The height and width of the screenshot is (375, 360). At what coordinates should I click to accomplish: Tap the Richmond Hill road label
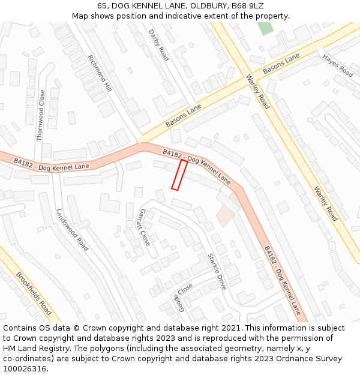100,73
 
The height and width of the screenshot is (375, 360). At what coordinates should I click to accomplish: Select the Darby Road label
159,46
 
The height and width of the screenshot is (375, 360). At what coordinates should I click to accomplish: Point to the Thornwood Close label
40,115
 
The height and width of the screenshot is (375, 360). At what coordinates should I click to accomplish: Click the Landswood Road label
72,230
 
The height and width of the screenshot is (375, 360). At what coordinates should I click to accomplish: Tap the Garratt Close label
145,227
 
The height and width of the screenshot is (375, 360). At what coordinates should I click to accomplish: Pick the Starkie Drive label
217,271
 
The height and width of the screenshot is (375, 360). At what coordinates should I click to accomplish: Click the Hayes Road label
338,65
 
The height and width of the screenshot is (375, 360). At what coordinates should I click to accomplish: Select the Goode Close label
181,298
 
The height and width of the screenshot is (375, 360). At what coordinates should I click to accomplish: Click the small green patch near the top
265,28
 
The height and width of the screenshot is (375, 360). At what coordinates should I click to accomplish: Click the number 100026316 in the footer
25,369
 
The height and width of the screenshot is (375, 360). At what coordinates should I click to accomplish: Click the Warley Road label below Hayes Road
326,203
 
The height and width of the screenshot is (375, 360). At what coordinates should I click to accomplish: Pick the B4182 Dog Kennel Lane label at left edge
51,164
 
